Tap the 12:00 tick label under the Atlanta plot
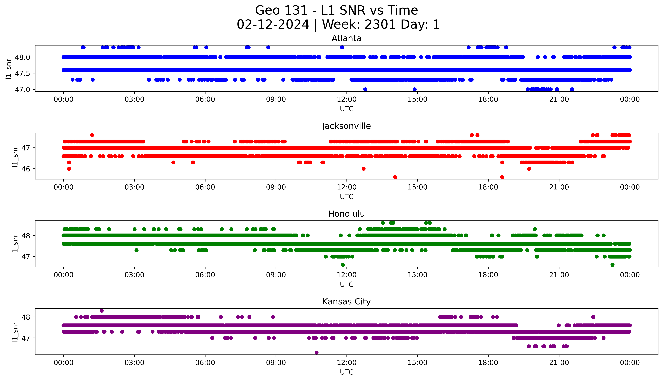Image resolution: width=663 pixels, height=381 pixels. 347,99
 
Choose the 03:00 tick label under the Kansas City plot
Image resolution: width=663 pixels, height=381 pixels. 134,363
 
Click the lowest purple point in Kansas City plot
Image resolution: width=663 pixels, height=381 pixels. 316,352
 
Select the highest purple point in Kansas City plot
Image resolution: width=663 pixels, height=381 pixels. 102,311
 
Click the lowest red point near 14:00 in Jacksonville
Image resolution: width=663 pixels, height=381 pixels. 395,177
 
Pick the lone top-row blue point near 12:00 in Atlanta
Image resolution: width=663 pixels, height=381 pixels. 342,47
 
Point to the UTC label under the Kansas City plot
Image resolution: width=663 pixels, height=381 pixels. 347,372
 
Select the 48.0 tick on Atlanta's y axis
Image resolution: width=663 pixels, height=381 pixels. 22,57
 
